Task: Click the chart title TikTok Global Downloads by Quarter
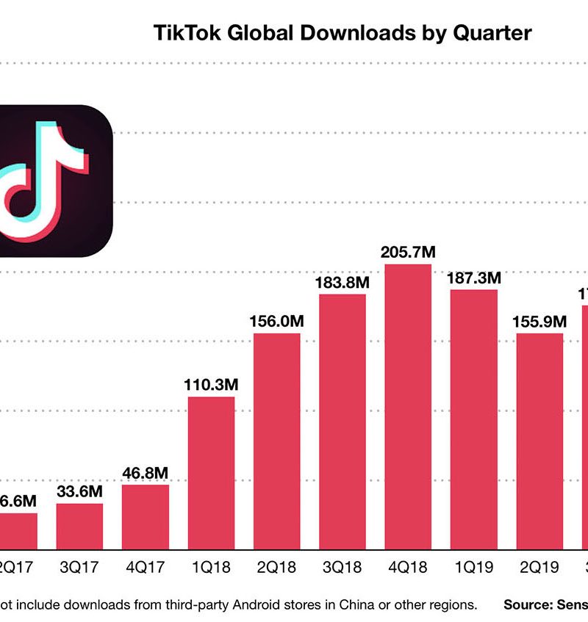pos(342,33)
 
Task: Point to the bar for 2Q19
pos(539,441)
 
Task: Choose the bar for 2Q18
pos(276,441)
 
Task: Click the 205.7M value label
pos(408,252)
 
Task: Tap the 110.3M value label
pos(211,385)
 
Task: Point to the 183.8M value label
pos(342,282)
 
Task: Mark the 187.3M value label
pos(473,278)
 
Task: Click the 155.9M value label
pos(539,322)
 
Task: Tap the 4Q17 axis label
pos(146,568)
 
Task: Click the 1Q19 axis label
pos(473,568)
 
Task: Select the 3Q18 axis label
pos(342,568)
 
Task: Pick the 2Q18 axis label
pos(276,568)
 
